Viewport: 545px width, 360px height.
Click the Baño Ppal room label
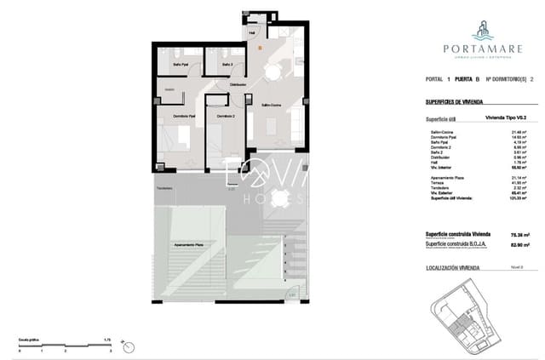181,65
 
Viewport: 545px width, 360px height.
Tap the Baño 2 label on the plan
227,65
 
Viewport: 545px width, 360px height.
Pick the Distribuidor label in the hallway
238,85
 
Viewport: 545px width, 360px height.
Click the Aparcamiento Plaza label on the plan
188,244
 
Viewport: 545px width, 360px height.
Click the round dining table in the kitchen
270,74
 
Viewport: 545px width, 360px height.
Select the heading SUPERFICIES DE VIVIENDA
454,101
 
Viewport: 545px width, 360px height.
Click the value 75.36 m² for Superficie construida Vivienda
515,234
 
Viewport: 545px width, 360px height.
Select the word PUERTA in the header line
467,78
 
